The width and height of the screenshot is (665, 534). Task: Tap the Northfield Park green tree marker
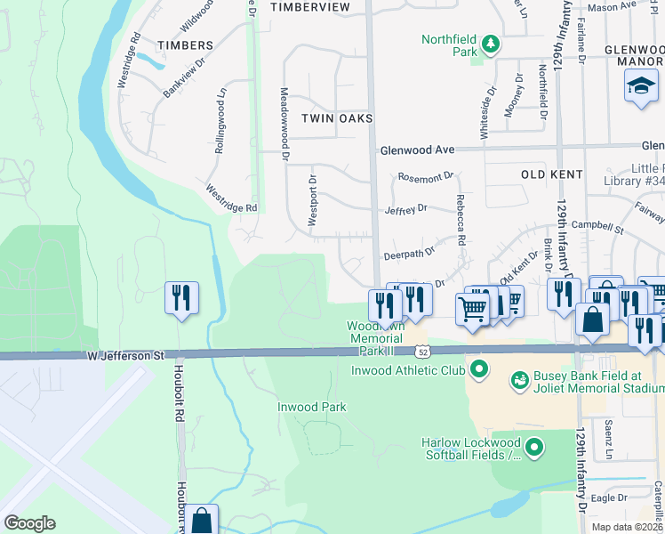488,43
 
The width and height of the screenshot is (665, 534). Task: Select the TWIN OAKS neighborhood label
336,118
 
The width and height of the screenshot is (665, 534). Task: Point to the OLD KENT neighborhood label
551,174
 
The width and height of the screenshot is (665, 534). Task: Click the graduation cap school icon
641,87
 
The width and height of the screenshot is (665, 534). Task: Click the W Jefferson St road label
126,355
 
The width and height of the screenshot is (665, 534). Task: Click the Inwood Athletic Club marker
480,368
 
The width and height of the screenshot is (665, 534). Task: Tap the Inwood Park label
310,407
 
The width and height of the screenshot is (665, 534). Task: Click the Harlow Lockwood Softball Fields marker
534,448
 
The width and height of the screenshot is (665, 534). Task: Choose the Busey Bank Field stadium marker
518,381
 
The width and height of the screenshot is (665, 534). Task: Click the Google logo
29,523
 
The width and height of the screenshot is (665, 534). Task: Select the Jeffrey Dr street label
406,208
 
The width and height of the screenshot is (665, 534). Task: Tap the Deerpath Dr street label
409,254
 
